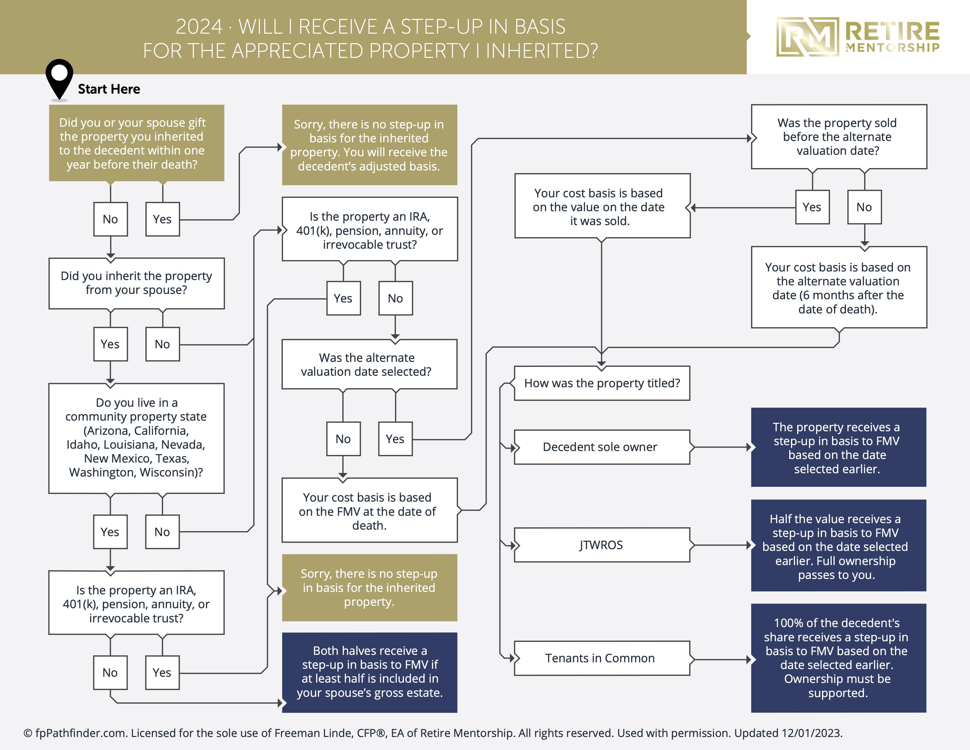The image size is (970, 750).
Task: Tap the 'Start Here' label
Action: [x=109, y=89]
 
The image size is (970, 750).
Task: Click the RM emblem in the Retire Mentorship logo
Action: [x=807, y=37]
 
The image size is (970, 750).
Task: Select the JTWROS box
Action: [x=601, y=545]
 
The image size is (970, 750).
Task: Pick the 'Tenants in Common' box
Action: [x=601, y=658]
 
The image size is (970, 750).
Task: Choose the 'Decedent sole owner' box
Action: [x=601, y=447]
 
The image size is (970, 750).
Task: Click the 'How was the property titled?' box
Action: [x=601, y=383]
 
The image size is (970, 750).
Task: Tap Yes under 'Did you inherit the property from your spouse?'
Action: [x=110, y=344]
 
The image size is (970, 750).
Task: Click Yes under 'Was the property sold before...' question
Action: [x=812, y=207]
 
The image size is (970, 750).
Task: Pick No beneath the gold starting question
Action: [x=110, y=219]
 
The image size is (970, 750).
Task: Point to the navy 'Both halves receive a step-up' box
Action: [x=370, y=672]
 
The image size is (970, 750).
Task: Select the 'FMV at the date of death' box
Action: [x=370, y=511]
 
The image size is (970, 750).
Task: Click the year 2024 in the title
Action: [x=199, y=27]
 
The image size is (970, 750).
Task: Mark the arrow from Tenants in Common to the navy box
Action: [x=720, y=659]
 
